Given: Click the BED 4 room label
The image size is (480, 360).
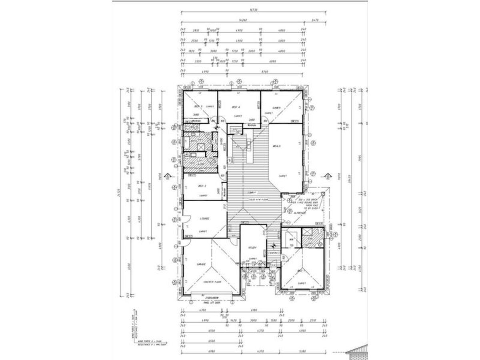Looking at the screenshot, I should click(236, 107).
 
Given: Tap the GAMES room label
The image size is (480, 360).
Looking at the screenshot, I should click(276, 108).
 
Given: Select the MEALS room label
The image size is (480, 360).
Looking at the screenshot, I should click(276, 146).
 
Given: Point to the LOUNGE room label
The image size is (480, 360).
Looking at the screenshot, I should click(205, 218).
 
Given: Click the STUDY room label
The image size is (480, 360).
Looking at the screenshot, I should click(252, 248).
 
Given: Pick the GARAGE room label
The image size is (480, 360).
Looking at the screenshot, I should click(201, 265).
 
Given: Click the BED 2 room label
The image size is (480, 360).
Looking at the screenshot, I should click(202, 186).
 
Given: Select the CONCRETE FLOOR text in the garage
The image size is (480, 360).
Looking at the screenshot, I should click(212, 282).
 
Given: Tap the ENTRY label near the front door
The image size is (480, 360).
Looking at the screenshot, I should click(274, 253).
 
